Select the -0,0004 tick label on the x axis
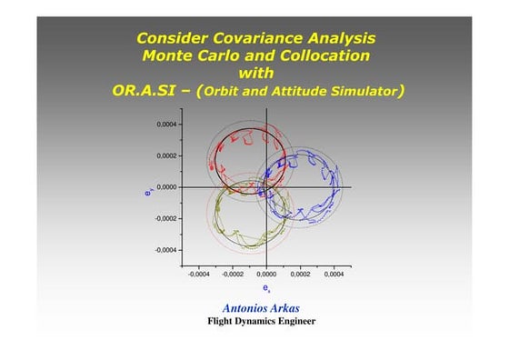pos(198,271)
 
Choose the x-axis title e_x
pos(265,285)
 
